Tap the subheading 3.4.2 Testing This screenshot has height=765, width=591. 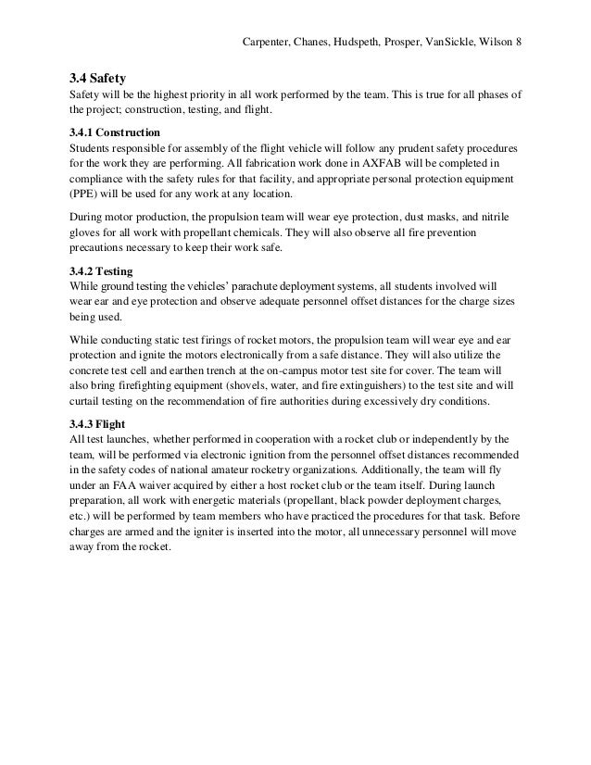tap(102, 273)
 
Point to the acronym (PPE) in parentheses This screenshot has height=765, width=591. tap(85, 195)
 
